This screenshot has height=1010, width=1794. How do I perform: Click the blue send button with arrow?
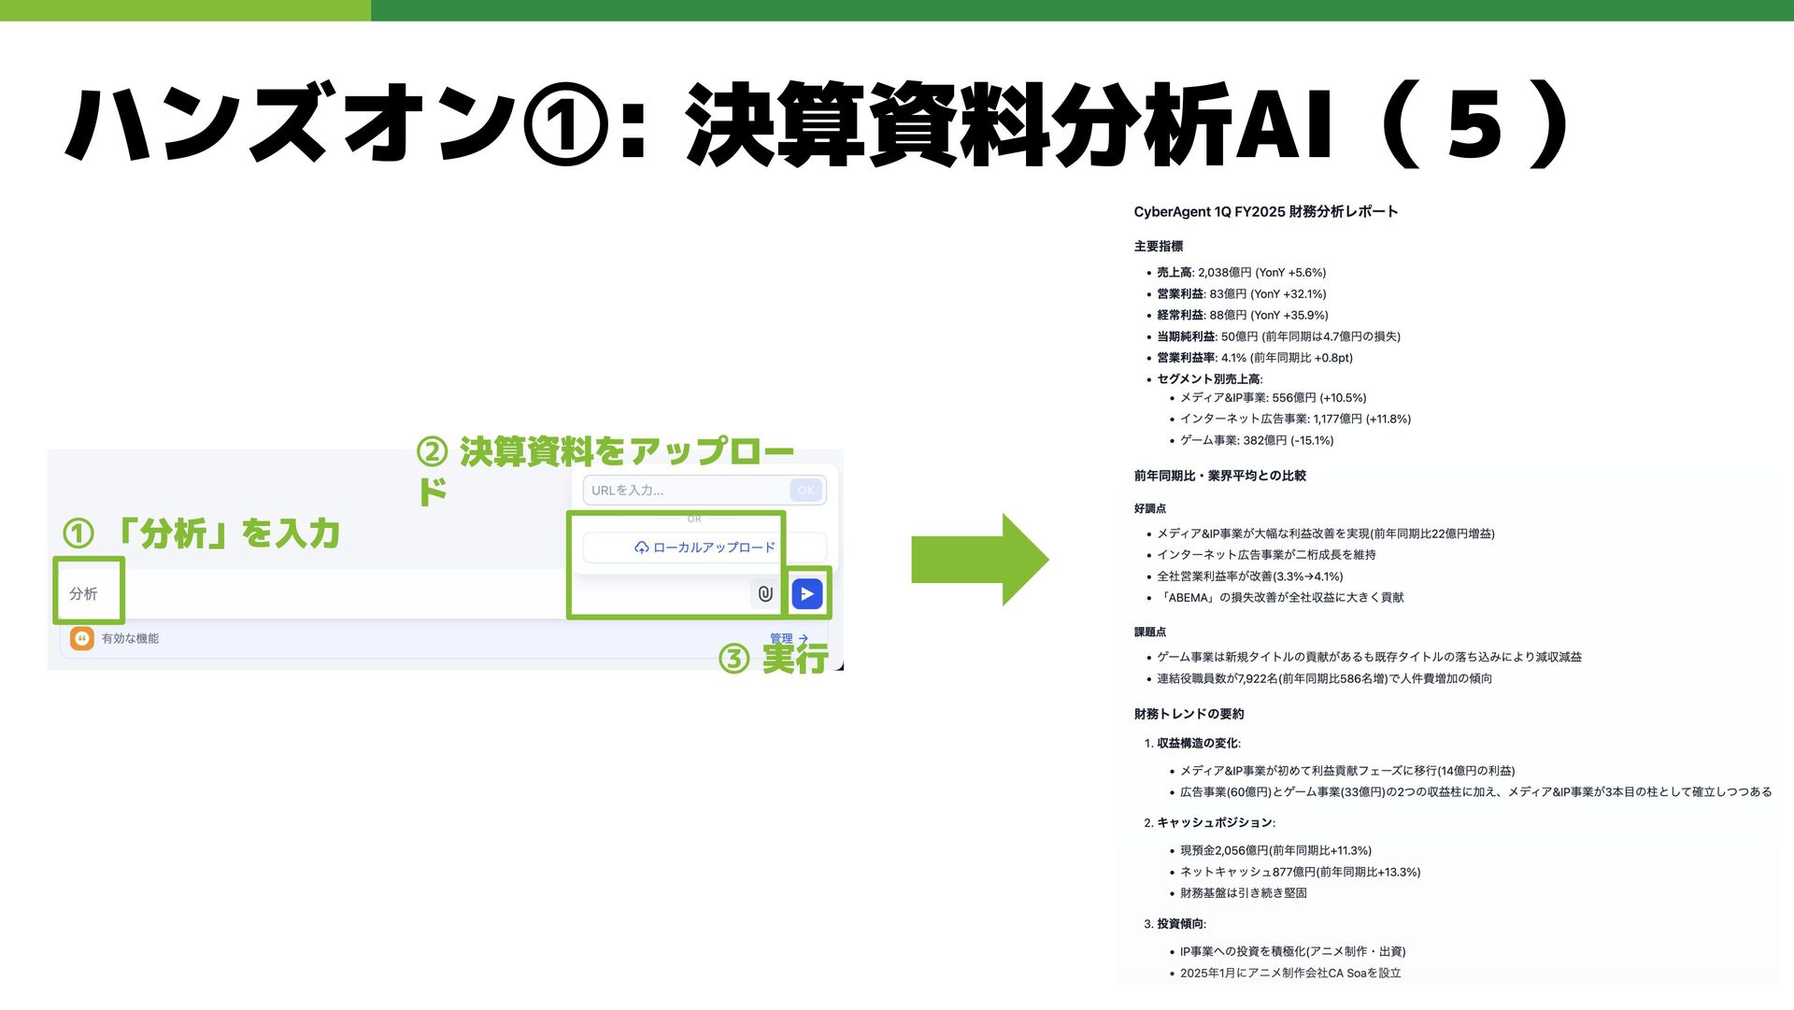[807, 593]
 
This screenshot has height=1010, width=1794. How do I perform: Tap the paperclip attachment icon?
[765, 593]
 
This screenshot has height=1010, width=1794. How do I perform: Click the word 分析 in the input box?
[83, 593]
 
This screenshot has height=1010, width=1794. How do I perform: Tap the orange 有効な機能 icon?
[82, 638]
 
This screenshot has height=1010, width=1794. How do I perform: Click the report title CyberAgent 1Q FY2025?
[1265, 212]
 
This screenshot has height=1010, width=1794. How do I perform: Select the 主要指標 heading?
[1159, 247]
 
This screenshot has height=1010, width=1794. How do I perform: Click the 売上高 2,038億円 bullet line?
[1241, 273]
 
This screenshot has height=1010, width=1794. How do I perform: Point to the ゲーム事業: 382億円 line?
[1256, 440]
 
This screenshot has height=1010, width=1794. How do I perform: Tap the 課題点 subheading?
[1149, 633]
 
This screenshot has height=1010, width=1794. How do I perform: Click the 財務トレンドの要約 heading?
[1189, 714]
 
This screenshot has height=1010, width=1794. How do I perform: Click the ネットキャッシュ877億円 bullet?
[1299, 872]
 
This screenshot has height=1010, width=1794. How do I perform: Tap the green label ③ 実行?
[774, 659]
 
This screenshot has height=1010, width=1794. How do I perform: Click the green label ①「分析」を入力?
[201, 533]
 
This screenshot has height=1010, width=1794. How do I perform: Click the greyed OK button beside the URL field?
[805, 490]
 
